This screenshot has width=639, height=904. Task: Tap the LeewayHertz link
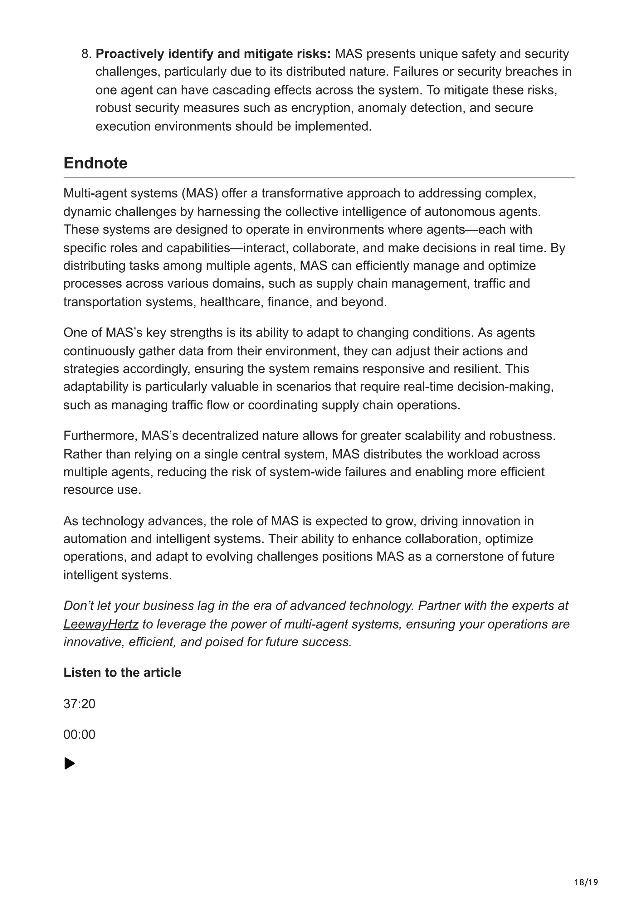(x=101, y=624)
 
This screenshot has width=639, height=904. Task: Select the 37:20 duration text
(x=79, y=704)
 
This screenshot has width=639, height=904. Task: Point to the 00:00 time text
(x=79, y=734)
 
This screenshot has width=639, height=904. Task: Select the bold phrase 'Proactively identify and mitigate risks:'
(x=213, y=54)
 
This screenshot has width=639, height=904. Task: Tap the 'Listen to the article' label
(x=122, y=673)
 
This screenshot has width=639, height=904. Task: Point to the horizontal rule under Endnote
(x=319, y=177)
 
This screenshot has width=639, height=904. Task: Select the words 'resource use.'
(x=102, y=490)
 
